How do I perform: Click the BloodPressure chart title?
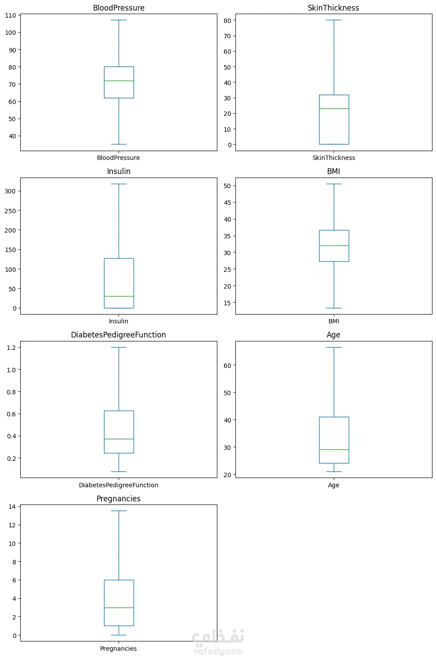pyautogui.click(x=119, y=8)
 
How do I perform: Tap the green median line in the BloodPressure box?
pyautogui.click(x=119, y=81)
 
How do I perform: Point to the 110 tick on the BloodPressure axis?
pyautogui.click(x=11, y=15)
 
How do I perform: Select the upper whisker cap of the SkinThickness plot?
pyautogui.click(x=334, y=20)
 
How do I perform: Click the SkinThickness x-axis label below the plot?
pyautogui.click(x=334, y=158)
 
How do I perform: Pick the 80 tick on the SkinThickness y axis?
pyautogui.click(x=227, y=20)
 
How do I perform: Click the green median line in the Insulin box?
pyautogui.click(x=119, y=296)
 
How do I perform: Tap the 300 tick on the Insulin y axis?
pyautogui.click(x=10, y=191)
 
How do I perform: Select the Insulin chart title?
pyautogui.click(x=119, y=171)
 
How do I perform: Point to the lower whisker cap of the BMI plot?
pyautogui.click(x=334, y=308)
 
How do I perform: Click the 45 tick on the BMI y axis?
pyautogui.click(x=227, y=203)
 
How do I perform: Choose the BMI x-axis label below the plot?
pyautogui.click(x=334, y=321)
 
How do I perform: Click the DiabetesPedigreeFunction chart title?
pyautogui.click(x=119, y=335)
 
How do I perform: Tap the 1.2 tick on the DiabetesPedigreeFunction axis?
pyautogui.click(x=11, y=348)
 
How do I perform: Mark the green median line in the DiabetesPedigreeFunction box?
pyautogui.click(x=119, y=439)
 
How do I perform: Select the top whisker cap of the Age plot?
pyautogui.click(x=334, y=348)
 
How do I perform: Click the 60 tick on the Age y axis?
pyautogui.click(x=227, y=365)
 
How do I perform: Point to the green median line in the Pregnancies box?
pyautogui.click(x=119, y=608)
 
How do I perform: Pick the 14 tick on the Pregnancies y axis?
pyautogui.click(x=12, y=507)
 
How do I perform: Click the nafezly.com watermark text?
pyautogui.click(x=218, y=651)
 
